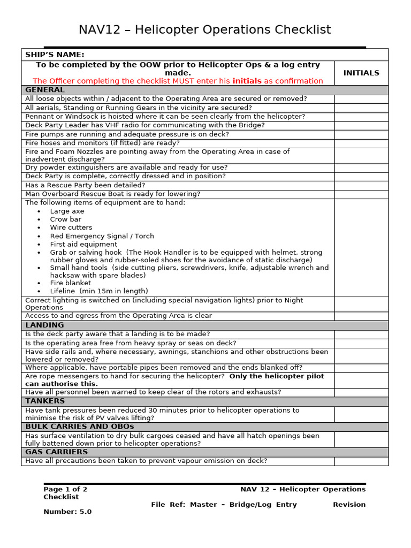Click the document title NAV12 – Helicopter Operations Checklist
(205, 30)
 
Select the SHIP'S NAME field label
(55, 55)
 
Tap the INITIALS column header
(361, 73)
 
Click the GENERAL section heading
(45, 90)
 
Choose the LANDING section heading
(44, 325)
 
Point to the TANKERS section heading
(45, 401)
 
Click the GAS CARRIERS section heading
(56, 452)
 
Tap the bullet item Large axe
(67, 211)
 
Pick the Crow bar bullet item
(66, 219)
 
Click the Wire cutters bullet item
(71, 227)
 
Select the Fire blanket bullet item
(71, 283)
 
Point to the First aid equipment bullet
(83, 244)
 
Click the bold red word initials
(247, 81)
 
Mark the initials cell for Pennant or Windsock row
(361, 117)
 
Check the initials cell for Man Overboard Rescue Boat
(361, 194)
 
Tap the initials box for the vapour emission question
(361, 461)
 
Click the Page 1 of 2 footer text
(65, 489)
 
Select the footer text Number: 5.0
(67, 512)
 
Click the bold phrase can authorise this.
(62, 384)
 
